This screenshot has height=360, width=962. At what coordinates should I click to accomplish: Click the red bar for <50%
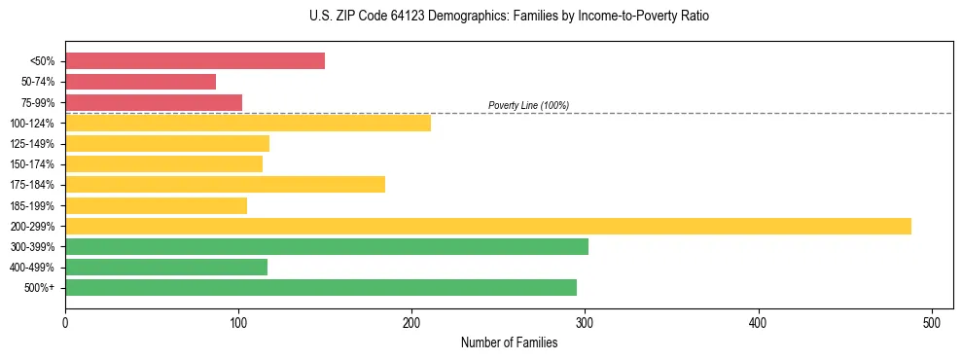click(195, 61)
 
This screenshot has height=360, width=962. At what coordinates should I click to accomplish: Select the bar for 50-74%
click(140, 82)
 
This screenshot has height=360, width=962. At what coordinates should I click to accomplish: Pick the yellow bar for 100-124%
click(247, 123)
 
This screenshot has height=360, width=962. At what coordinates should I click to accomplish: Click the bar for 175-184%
click(225, 185)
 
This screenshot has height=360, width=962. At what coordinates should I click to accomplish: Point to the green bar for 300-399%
click(326, 246)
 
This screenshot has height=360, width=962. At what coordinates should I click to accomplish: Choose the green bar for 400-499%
click(166, 267)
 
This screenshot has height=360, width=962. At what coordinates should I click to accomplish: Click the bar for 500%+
click(320, 288)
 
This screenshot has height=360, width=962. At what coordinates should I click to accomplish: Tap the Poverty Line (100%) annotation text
click(528, 105)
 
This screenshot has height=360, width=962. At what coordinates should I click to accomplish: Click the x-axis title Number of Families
click(509, 343)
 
